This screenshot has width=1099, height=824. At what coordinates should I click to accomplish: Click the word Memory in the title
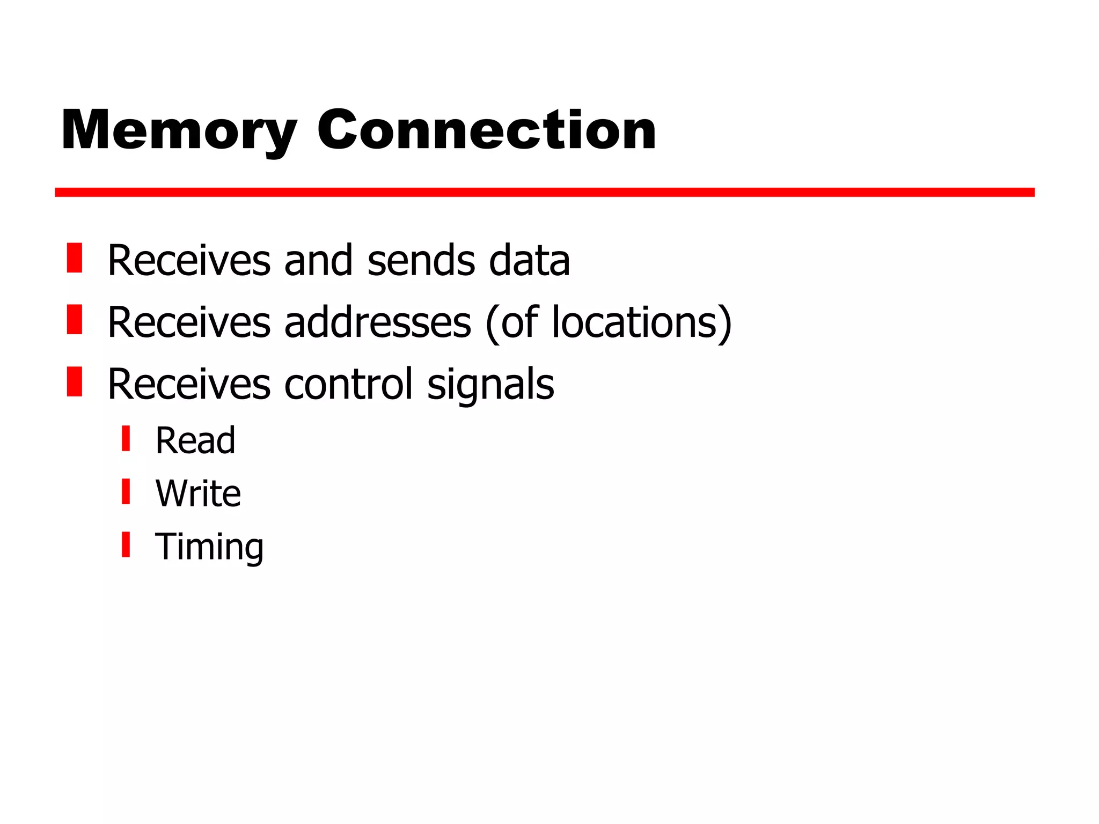(x=179, y=130)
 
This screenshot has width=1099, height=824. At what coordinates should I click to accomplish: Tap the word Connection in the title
(x=486, y=130)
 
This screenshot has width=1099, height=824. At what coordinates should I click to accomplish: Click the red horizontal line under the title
(x=544, y=193)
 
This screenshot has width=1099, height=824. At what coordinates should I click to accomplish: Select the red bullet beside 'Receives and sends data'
(x=75, y=258)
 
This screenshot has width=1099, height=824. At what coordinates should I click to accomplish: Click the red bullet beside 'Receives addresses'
(x=75, y=320)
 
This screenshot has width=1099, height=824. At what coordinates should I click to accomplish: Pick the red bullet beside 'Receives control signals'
(x=75, y=381)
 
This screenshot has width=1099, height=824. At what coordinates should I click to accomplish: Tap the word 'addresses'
(x=377, y=322)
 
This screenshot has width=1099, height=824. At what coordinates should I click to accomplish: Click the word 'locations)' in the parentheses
(x=642, y=322)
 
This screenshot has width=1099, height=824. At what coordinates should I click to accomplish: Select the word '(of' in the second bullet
(x=511, y=322)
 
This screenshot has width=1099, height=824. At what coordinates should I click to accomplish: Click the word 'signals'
(x=490, y=385)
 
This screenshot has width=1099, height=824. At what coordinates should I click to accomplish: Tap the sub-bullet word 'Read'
(x=195, y=440)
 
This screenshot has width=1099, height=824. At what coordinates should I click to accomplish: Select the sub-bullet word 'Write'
(x=198, y=493)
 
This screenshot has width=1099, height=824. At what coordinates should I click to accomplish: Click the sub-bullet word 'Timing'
(x=209, y=547)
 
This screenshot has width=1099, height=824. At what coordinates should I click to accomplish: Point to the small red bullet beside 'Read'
(x=126, y=438)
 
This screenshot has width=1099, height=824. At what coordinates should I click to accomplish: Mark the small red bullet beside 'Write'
(x=126, y=491)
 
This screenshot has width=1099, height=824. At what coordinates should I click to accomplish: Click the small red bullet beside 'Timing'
(x=126, y=545)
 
